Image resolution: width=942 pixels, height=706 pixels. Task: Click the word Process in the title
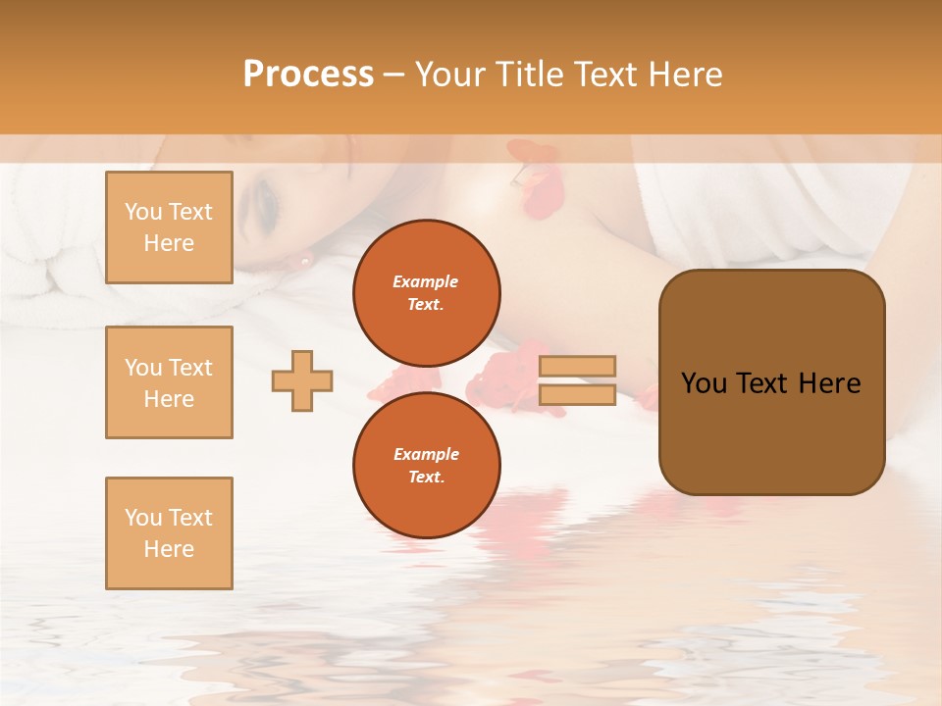click(x=308, y=75)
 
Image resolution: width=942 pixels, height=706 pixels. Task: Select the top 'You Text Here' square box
click(x=169, y=227)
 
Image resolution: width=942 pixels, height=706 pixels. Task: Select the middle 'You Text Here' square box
click(x=169, y=382)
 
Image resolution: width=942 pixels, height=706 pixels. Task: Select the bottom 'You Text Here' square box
click(x=169, y=533)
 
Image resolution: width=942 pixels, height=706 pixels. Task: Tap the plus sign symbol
click(x=302, y=379)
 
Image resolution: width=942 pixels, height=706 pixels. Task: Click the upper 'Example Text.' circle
click(x=427, y=293)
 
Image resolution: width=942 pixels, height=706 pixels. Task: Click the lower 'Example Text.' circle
click(x=427, y=466)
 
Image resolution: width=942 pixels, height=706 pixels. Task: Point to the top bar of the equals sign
click(x=577, y=366)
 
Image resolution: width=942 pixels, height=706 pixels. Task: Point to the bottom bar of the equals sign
click(x=577, y=395)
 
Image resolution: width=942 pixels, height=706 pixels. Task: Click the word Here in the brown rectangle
click(x=829, y=383)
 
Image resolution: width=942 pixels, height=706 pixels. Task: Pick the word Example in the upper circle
click(x=426, y=281)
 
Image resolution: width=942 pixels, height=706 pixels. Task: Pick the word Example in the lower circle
click(x=426, y=454)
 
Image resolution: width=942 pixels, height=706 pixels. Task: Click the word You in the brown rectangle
click(x=704, y=383)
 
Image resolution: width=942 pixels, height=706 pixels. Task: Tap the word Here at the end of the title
click(x=687, y=75)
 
